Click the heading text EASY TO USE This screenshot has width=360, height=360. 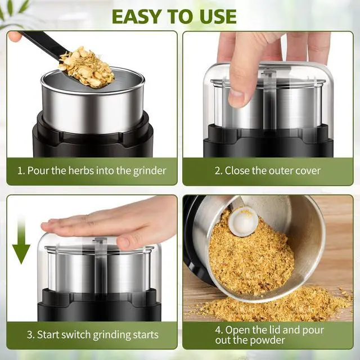click(x=174, y=16)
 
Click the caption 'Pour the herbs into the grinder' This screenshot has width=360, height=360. click(x=91, y=170)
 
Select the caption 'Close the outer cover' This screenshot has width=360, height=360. click(x=267, y=170)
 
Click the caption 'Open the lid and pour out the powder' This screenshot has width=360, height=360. click(x=267, y=335)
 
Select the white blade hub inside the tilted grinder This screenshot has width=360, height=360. click(x=242, y=221)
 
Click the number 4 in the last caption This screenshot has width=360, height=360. click(x=218, y=329)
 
